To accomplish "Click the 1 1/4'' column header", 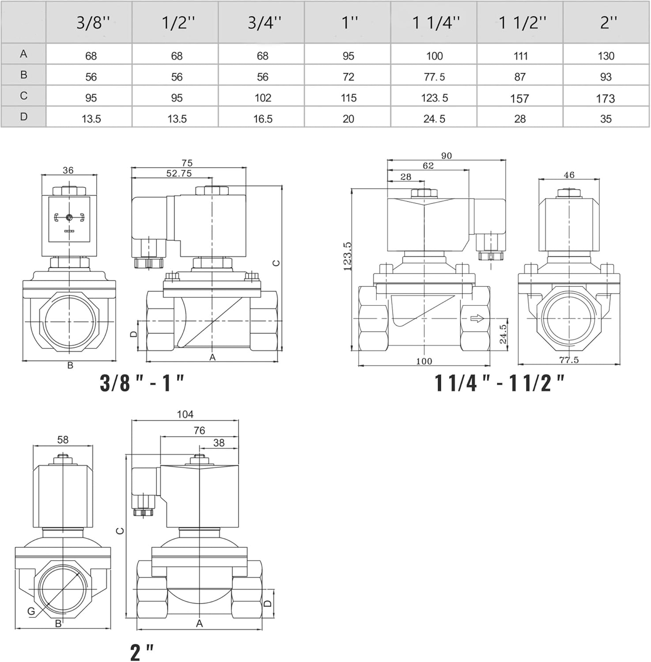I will tap(435, 23).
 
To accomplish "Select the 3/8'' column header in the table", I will tap(92, 23).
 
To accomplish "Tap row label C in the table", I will tap(23, 96).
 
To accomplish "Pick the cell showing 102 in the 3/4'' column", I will tap(263, 98).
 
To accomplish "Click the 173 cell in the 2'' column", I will tap(605, 98).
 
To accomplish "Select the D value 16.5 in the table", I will tap(263, 119).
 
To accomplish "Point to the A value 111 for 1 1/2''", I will tap(520, 56).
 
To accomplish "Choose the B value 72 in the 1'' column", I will tap(348, 77).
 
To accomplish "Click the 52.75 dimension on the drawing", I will tap(179, 173).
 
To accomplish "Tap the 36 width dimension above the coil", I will tap(68, 170).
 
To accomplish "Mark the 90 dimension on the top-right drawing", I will tap(446, 156).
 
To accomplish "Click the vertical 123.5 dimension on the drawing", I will tap(348, 256).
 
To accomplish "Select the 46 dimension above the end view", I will tap(569, 175).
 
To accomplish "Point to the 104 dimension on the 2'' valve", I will tap(185, 414).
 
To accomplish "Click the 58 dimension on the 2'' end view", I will tap(63, 440).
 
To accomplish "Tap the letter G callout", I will tap(31, 611).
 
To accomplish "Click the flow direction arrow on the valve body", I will tap(477, 318).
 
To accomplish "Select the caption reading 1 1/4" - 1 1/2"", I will tap(499, 383).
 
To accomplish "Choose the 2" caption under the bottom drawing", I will tap(142, 652).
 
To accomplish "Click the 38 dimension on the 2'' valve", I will tap(219, 443).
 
